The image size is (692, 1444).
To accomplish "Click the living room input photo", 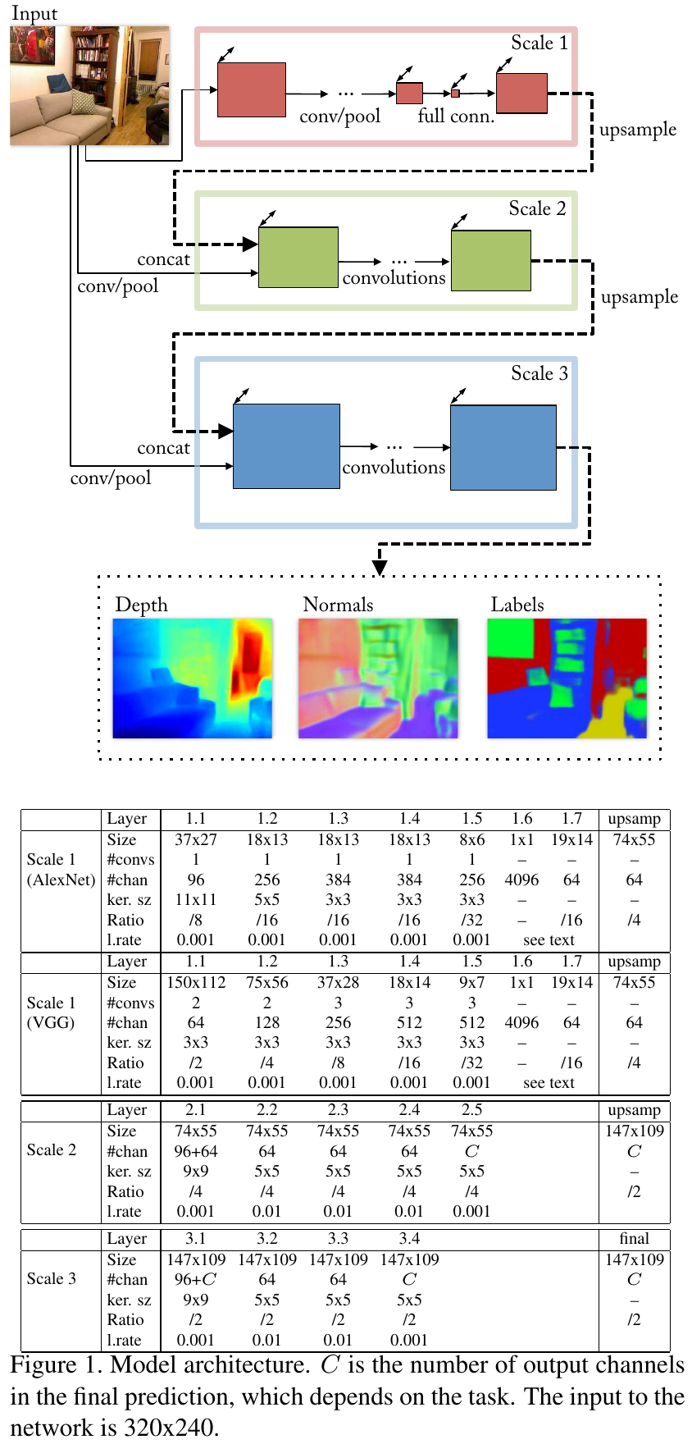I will (89, 85).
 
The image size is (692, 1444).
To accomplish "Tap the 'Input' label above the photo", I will (34, 13).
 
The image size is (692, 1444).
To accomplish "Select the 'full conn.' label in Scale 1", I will (456, 117).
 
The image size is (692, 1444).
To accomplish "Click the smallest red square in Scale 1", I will (455, 94).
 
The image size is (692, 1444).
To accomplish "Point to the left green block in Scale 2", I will (298, 258).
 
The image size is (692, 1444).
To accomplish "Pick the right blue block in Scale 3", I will (503, 447).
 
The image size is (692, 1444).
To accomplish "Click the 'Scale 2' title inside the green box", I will (537, 209).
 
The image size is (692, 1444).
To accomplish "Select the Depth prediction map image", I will (193, 679).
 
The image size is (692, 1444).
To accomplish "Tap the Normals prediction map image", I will (378, 679).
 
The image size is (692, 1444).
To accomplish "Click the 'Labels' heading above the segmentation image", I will (517, 605).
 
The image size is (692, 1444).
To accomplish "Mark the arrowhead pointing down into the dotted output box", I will (380, 567).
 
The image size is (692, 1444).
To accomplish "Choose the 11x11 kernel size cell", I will (196, 900).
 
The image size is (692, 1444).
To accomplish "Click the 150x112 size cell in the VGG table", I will (196, 982).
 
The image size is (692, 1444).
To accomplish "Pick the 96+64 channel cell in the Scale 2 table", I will (196, 1151).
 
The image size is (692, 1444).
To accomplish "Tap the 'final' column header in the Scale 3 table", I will (634, 1238).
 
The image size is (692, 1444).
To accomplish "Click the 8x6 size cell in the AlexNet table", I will (471, 839).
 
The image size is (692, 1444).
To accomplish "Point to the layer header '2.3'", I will (338, 1109).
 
